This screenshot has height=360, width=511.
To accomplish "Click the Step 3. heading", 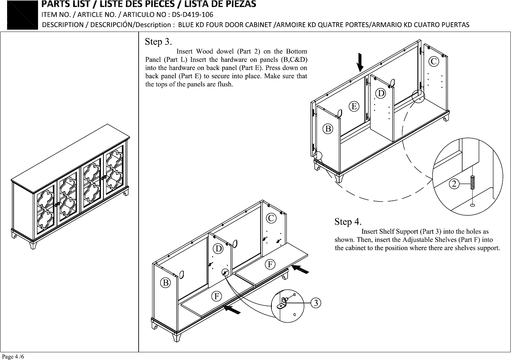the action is (x=158, y=42).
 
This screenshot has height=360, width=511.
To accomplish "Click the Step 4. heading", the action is (x=348, y=222).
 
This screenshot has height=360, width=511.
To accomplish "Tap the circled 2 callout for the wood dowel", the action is (x=454, y=183).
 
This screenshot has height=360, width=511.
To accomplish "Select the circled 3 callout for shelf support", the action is (x=316, y=303).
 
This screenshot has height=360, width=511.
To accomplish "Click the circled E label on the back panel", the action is (x=354, y=106).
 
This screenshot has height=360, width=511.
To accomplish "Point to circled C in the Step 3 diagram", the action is (x=434, y=62).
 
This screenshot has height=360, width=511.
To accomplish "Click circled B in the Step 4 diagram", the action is (x=165, y=283).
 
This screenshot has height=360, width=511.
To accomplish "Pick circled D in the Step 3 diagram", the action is (x=380, y=93).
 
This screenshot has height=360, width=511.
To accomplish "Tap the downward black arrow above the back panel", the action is (x=360, y=62).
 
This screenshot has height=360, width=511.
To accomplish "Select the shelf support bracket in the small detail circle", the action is (x=282, y=304).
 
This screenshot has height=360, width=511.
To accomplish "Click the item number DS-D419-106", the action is (x=192, y=15).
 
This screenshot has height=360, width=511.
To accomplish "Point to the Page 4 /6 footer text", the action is (x=13, y=356).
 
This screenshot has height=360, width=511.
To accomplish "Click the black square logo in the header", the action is (x=22, y=15).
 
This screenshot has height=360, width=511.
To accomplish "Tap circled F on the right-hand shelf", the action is (x=270, y=265).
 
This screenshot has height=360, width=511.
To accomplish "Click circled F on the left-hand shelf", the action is (x=217, y=297).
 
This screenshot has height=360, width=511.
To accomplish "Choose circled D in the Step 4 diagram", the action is (x=219, y=248).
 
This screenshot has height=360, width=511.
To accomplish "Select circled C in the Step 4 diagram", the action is (x=271, y=218).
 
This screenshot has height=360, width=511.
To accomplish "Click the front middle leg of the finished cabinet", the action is (x=33, y=245).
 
